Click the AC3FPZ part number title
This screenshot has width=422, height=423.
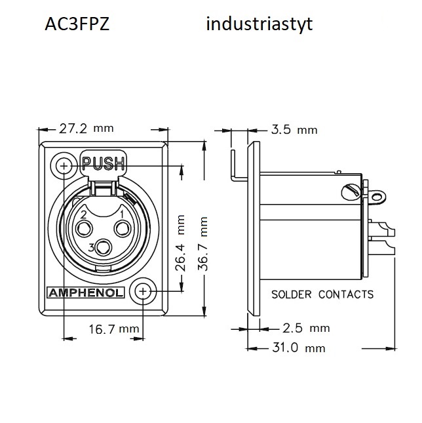click(77, 24)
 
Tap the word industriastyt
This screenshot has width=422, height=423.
click(259, 24)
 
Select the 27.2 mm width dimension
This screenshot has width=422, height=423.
click(86, 129)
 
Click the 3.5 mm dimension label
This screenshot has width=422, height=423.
click(294, 130)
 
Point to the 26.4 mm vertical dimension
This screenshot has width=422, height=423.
click(180, 243)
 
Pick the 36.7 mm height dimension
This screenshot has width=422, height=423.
click(202, 243)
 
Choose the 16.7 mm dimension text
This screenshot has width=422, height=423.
click(114, 329)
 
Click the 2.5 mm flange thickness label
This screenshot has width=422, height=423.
click(306, 328)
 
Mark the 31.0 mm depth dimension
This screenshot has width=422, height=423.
click(299, 348)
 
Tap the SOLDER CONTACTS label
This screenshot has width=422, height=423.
click(322, 294)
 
